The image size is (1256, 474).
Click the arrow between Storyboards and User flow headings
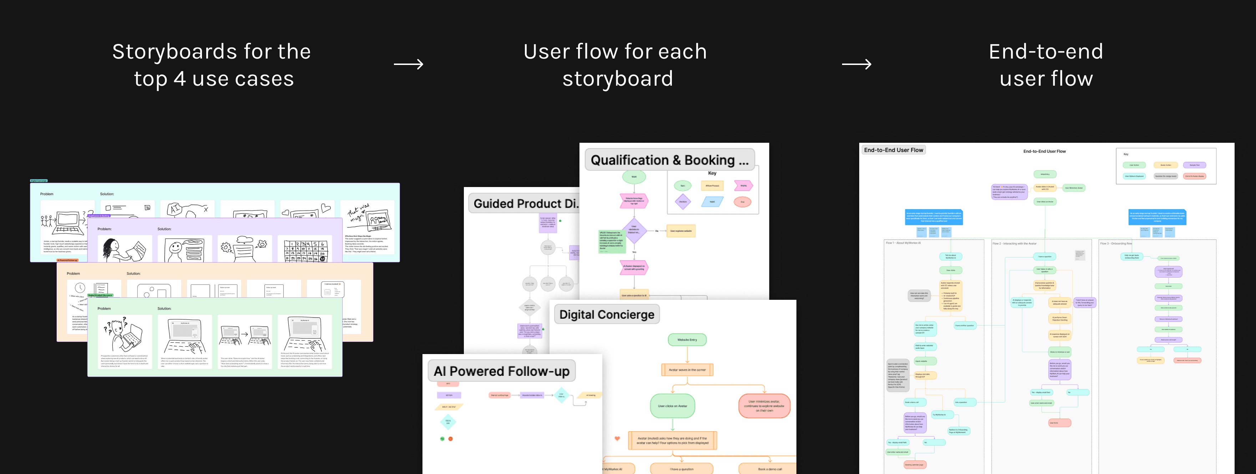click(409, 64)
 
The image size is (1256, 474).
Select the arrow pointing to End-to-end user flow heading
click(857, 64)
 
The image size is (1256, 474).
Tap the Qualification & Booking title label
click(669, 160)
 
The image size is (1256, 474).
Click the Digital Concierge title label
click(607, 314)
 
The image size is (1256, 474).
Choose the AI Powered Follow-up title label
click(501, 371)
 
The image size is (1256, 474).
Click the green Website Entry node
click(687, 340)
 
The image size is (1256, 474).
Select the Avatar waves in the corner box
click(687, 370)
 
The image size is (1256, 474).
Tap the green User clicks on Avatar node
click(672, 406)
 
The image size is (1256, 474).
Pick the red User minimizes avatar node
click(764, 406)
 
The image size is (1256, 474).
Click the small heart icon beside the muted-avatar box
click(617, 438)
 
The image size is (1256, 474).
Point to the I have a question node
click(681, 469)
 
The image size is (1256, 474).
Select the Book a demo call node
click(769, 469)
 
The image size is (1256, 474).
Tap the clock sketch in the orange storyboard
click(80, 288)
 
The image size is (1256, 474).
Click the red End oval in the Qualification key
click(742, 201)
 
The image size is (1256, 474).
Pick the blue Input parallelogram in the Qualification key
click(712, 201)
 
